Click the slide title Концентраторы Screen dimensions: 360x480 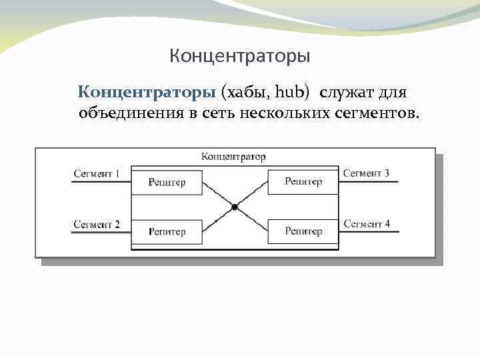239,55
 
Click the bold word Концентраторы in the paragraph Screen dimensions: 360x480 147,91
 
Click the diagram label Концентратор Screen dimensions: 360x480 233,157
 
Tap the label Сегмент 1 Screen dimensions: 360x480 97,174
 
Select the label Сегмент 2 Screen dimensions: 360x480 97,225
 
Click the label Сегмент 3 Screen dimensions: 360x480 366,173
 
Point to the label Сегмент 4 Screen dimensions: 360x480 367,224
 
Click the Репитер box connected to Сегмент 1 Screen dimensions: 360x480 167,181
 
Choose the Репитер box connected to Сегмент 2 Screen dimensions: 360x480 167,232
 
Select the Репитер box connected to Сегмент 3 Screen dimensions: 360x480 303,181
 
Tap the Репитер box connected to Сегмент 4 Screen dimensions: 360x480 303,231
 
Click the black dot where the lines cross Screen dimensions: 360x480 235,207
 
